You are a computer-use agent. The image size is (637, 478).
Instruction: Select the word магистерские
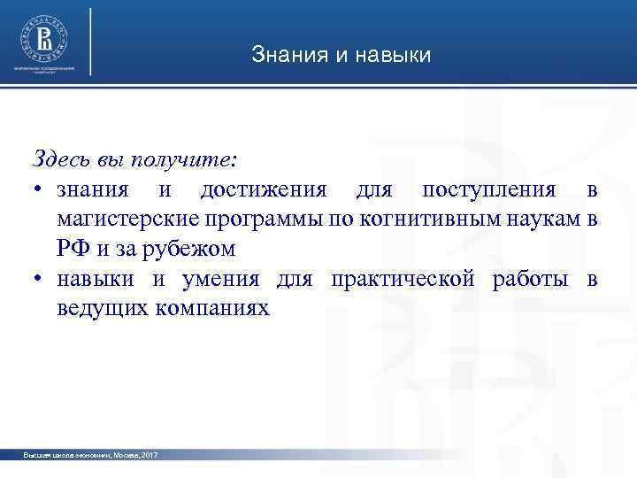[x=127, y=220]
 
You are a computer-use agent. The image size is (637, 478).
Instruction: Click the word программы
[x=259, y=220]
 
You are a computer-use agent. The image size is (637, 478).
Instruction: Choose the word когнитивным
[x=423, y=220]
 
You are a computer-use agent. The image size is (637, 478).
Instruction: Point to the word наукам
[x=544, y=220]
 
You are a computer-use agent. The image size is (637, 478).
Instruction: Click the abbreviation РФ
[x=73, y=250]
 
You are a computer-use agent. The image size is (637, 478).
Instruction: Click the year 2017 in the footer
[x=149, y=454]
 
